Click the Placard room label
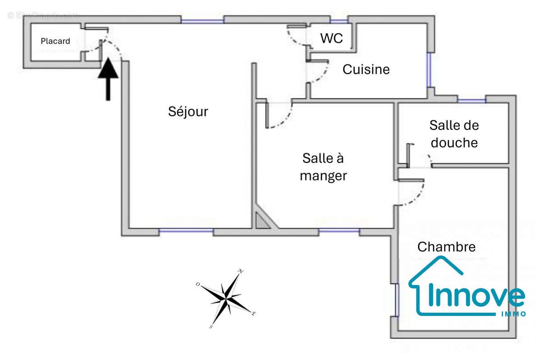[x=55, y=41]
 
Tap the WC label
[x=331, y=38]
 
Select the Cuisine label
[x=366, y=69]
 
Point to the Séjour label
[x=188, y=111]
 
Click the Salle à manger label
[x=323, y=166]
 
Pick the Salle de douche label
[x=454, y=134]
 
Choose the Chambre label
[x=446, y=247]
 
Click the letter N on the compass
[x=241, y=272]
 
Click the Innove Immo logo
[x=467, y=289]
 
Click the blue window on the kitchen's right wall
[x=429, y=70]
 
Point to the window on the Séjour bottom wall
[x=186, y=231]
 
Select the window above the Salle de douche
[x=471, y=100]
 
